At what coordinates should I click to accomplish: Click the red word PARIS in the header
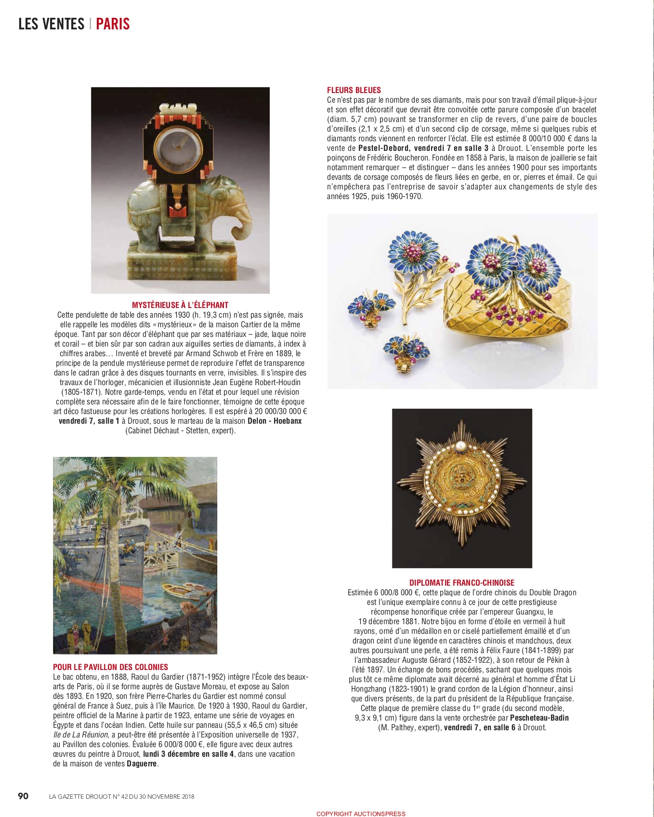[113, 24]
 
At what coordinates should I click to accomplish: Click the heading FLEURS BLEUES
[353, 90]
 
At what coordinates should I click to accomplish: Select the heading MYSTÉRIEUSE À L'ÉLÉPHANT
[180, 305]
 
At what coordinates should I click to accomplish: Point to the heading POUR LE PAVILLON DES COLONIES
[110, 667]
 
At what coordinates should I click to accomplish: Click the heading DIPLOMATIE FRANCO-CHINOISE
[462, 583]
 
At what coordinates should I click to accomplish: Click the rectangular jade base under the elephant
[181, 268]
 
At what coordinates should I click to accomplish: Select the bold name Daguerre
[142, 764]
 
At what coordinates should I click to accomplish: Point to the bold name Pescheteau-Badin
[539, 718]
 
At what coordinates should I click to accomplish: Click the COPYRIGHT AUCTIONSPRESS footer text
[361, 814]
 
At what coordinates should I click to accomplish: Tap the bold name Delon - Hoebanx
[275, 421]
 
